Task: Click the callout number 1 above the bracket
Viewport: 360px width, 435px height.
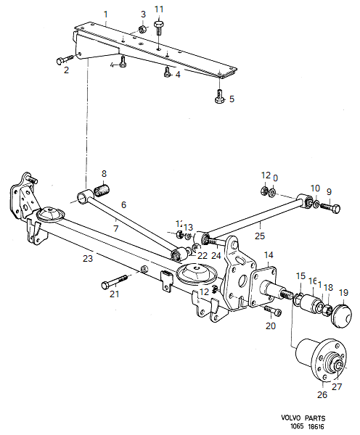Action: (x=106, y=14)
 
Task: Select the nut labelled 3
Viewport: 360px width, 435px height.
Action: (x=142, y=29)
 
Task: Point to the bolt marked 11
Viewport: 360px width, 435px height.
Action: (x=158, y=25)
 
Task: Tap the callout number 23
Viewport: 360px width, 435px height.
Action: (x=87, y=257)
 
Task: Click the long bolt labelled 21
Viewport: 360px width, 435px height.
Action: (x=115, y=280)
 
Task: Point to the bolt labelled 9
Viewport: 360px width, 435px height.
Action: (x=332, y=208)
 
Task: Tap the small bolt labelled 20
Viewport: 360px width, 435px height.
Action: (x=272, y=311)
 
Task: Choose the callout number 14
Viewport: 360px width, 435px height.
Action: (x=269, y=254)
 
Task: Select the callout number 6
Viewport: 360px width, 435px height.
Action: (x=123, y=205)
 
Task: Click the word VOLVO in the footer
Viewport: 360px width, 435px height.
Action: (x=296, y=418)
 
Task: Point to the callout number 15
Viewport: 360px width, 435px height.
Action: (x=300, y=275)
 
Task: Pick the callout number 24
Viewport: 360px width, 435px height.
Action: (x=216, y=255)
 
